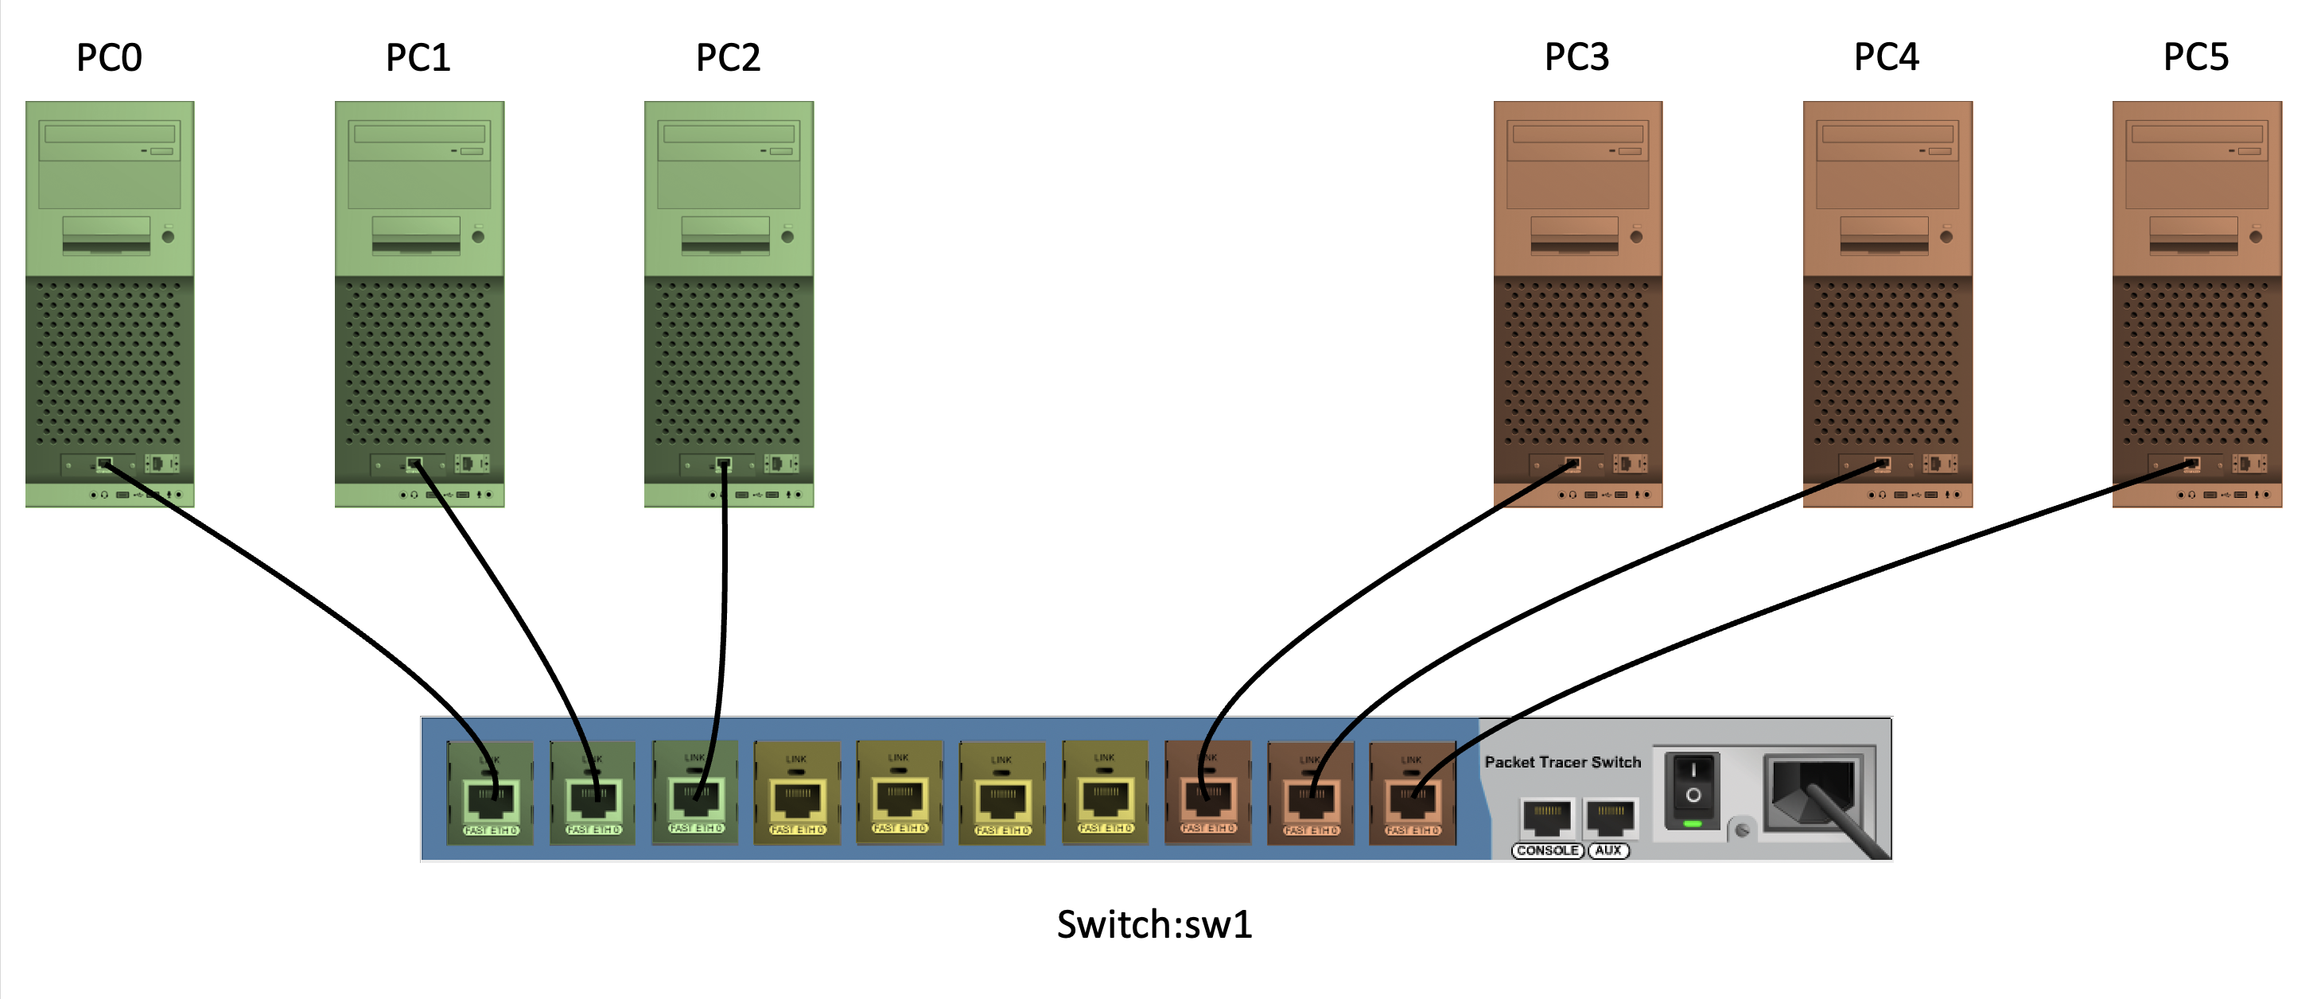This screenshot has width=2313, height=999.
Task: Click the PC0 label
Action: [x=109, y=57]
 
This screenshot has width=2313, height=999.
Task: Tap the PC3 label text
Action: [x=1576, y=57]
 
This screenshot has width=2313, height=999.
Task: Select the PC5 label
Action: [x=2195, y=57]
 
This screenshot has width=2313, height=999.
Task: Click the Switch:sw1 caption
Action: [x=1154, y=924]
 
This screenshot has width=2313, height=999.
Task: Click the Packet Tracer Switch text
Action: [x=1562, y=762]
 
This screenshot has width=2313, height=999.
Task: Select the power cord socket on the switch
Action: [x=1813, y=794]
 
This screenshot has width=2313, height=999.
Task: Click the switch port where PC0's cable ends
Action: [x=490, y=797]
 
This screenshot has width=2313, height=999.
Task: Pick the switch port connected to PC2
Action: [x=696, y=795]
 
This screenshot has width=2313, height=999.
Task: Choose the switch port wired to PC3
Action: [x=1207, y=795]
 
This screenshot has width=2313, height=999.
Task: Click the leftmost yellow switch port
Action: [x=797, y=797]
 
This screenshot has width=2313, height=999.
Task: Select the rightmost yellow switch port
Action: [x=1106, y=797]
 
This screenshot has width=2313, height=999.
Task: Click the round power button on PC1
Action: [x=479, y=237]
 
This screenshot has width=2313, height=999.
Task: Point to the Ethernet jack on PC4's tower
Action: [x=1883, y=464]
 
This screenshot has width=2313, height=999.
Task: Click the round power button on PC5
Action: [x=2256, y=237]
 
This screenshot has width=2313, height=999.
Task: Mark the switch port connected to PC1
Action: [x=593, y=797]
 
